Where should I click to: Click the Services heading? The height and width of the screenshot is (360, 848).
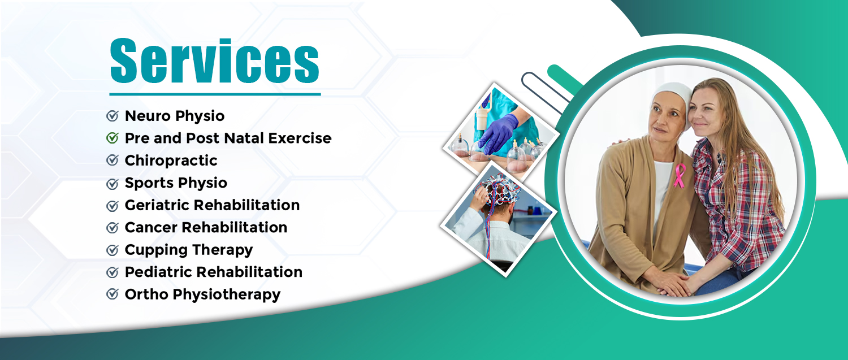coord(215,60)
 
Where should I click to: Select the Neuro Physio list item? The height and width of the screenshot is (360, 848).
coord(175,116)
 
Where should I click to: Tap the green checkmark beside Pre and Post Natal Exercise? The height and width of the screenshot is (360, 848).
coord(113,138)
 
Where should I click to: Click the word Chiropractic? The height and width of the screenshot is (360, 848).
coord(171,161)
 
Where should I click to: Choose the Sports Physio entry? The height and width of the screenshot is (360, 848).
coord(176,183)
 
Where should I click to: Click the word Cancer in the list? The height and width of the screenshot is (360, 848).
coord(151,228)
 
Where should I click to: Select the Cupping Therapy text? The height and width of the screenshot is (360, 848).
coord(188,250)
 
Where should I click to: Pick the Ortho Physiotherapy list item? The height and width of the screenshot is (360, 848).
coord(202,294)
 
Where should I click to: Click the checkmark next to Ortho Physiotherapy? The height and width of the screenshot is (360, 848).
coord(113,294)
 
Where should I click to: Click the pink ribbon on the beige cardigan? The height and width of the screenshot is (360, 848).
coord(680,176)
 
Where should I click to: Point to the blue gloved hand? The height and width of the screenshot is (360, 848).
coord(498,132)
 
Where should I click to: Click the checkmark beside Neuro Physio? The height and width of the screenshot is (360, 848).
coord(113,115)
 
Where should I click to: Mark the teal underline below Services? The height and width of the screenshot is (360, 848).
coord(215,94)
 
